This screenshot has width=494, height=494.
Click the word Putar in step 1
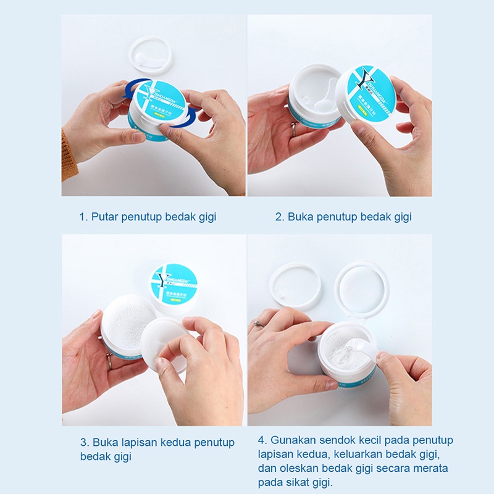(x=105, y=217)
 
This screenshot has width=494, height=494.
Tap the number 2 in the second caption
(x=279, y=217)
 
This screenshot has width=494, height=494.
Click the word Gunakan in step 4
(x=291, y=440)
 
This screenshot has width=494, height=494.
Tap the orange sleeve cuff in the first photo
(x=68, y=157)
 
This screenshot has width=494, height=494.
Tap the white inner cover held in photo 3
(x=162, y=343)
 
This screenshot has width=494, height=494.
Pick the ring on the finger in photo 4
(x=259, y=324)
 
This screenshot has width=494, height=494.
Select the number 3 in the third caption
(x=84, y=442)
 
